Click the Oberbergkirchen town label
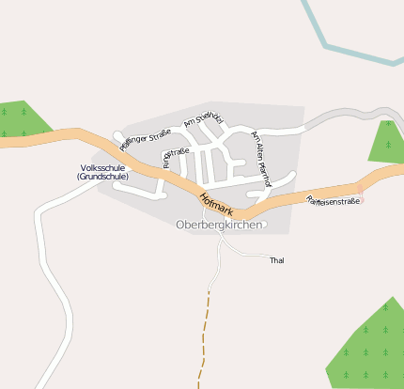[x=220, y=226]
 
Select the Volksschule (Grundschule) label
[x=103, y=172]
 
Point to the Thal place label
[x=276, y=260]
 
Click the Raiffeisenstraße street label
[x=334, y=200]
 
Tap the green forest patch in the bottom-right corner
[x=371, y=348]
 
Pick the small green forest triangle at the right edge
[x=386, y=141]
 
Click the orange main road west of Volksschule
[x=47, y=136]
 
